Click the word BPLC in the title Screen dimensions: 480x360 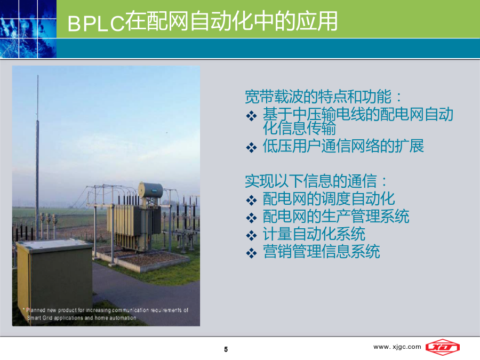pos(96,23)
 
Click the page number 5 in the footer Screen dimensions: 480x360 pos(226,349)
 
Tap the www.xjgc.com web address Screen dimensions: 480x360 pos(397,347)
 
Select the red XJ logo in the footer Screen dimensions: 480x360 pos(443,347)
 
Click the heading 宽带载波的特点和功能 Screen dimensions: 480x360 pos(318,97)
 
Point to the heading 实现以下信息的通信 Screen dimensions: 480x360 pos(311,181)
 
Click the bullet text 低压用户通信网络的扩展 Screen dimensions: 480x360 pos(343,146)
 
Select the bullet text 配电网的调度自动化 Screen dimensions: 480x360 pos(329,199)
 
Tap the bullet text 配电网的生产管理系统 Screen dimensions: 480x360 pos(336,217)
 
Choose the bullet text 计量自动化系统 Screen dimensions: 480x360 pos(314,234)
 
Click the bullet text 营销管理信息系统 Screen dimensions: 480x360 pos(321,252)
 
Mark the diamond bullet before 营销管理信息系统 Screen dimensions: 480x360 pos(251,253)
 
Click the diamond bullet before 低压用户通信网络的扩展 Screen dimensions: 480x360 pos(251,147)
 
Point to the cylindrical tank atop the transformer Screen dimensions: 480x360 pos(150,190)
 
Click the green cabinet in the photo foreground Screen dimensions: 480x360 pos(54,276)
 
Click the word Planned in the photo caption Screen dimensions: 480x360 pos(36,310)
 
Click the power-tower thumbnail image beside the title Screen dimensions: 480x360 pos(28,29)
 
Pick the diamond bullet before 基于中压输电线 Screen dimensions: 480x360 pos(251,116)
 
